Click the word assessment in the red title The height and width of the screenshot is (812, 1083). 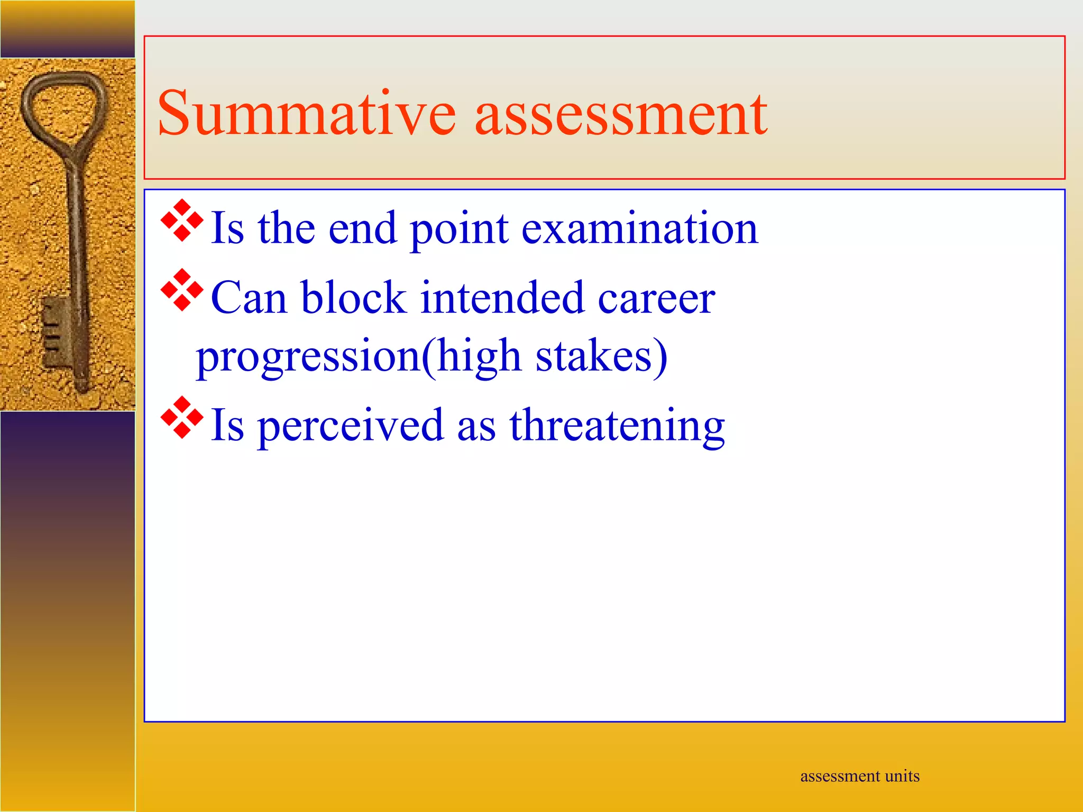(621, 114)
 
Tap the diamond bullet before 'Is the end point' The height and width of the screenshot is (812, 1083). (182, 220)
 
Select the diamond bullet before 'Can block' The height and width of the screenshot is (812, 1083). (182, 290)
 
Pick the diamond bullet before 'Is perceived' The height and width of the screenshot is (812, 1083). (182, 418)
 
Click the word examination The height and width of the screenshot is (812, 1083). (640, 228)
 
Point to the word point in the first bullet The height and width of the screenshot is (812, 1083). (459, 229)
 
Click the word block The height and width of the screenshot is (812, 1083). (354, 297)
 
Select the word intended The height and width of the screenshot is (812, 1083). (502, 297)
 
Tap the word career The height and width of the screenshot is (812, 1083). (656, 298)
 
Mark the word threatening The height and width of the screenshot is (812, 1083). (617, 426)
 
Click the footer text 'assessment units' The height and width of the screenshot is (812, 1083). (859, 776)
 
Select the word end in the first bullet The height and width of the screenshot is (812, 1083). (362, 228)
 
